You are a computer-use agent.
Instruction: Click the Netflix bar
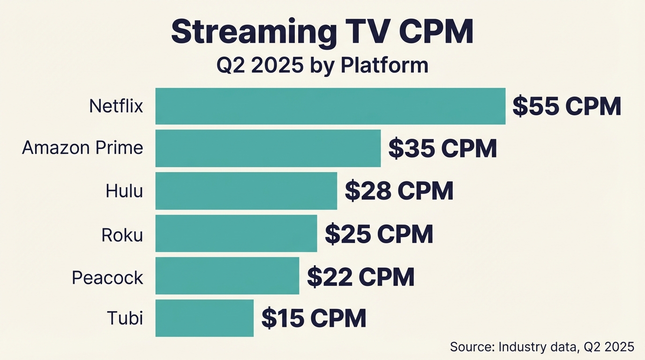(330, 106)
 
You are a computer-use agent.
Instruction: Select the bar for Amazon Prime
(268, 148)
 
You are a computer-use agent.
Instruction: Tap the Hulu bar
(246, 191)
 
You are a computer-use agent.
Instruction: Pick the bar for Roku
(236, 233)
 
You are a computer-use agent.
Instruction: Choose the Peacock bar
(227, 276)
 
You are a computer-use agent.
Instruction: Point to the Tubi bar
(204, 318)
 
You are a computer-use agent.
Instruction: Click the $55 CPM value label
(566, 106)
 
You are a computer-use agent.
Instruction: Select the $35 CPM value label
(442, 149)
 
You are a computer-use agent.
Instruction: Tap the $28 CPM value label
(399, 191)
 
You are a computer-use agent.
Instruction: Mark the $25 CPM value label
(379, 234)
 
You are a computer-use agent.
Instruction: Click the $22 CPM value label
(360, 277)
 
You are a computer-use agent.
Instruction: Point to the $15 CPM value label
(314, 318)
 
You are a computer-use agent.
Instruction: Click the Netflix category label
(116, 106)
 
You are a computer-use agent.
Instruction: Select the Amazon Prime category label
(82, 148)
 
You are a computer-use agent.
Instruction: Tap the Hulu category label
(124, 191)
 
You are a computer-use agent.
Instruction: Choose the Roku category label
(122, 234)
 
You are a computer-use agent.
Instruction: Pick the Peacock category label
(107, 277)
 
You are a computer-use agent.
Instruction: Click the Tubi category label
(125, 318)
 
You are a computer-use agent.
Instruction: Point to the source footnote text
(542, 347)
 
